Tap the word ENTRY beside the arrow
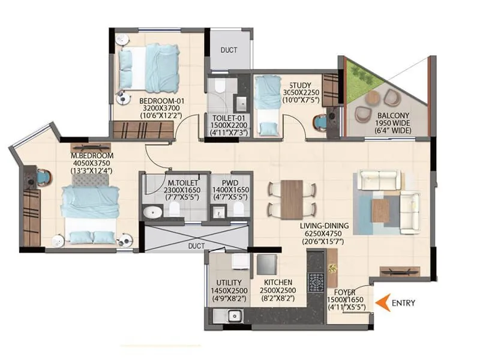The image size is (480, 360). pyautogui.click(x=403, y=303)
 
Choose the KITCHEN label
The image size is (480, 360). pyautogui.click(x=277, y=282)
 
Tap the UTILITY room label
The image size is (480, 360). pyautogui.click(x=229, y=282)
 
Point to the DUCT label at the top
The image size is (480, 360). pyautogui.click(x=228, y=50)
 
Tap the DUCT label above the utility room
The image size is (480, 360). pyautogui.click(x=196, y=246)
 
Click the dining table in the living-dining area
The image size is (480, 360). pyautogui.click(x=292, y=199)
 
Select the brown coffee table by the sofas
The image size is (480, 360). pyautogui.click(x=381, y=211)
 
